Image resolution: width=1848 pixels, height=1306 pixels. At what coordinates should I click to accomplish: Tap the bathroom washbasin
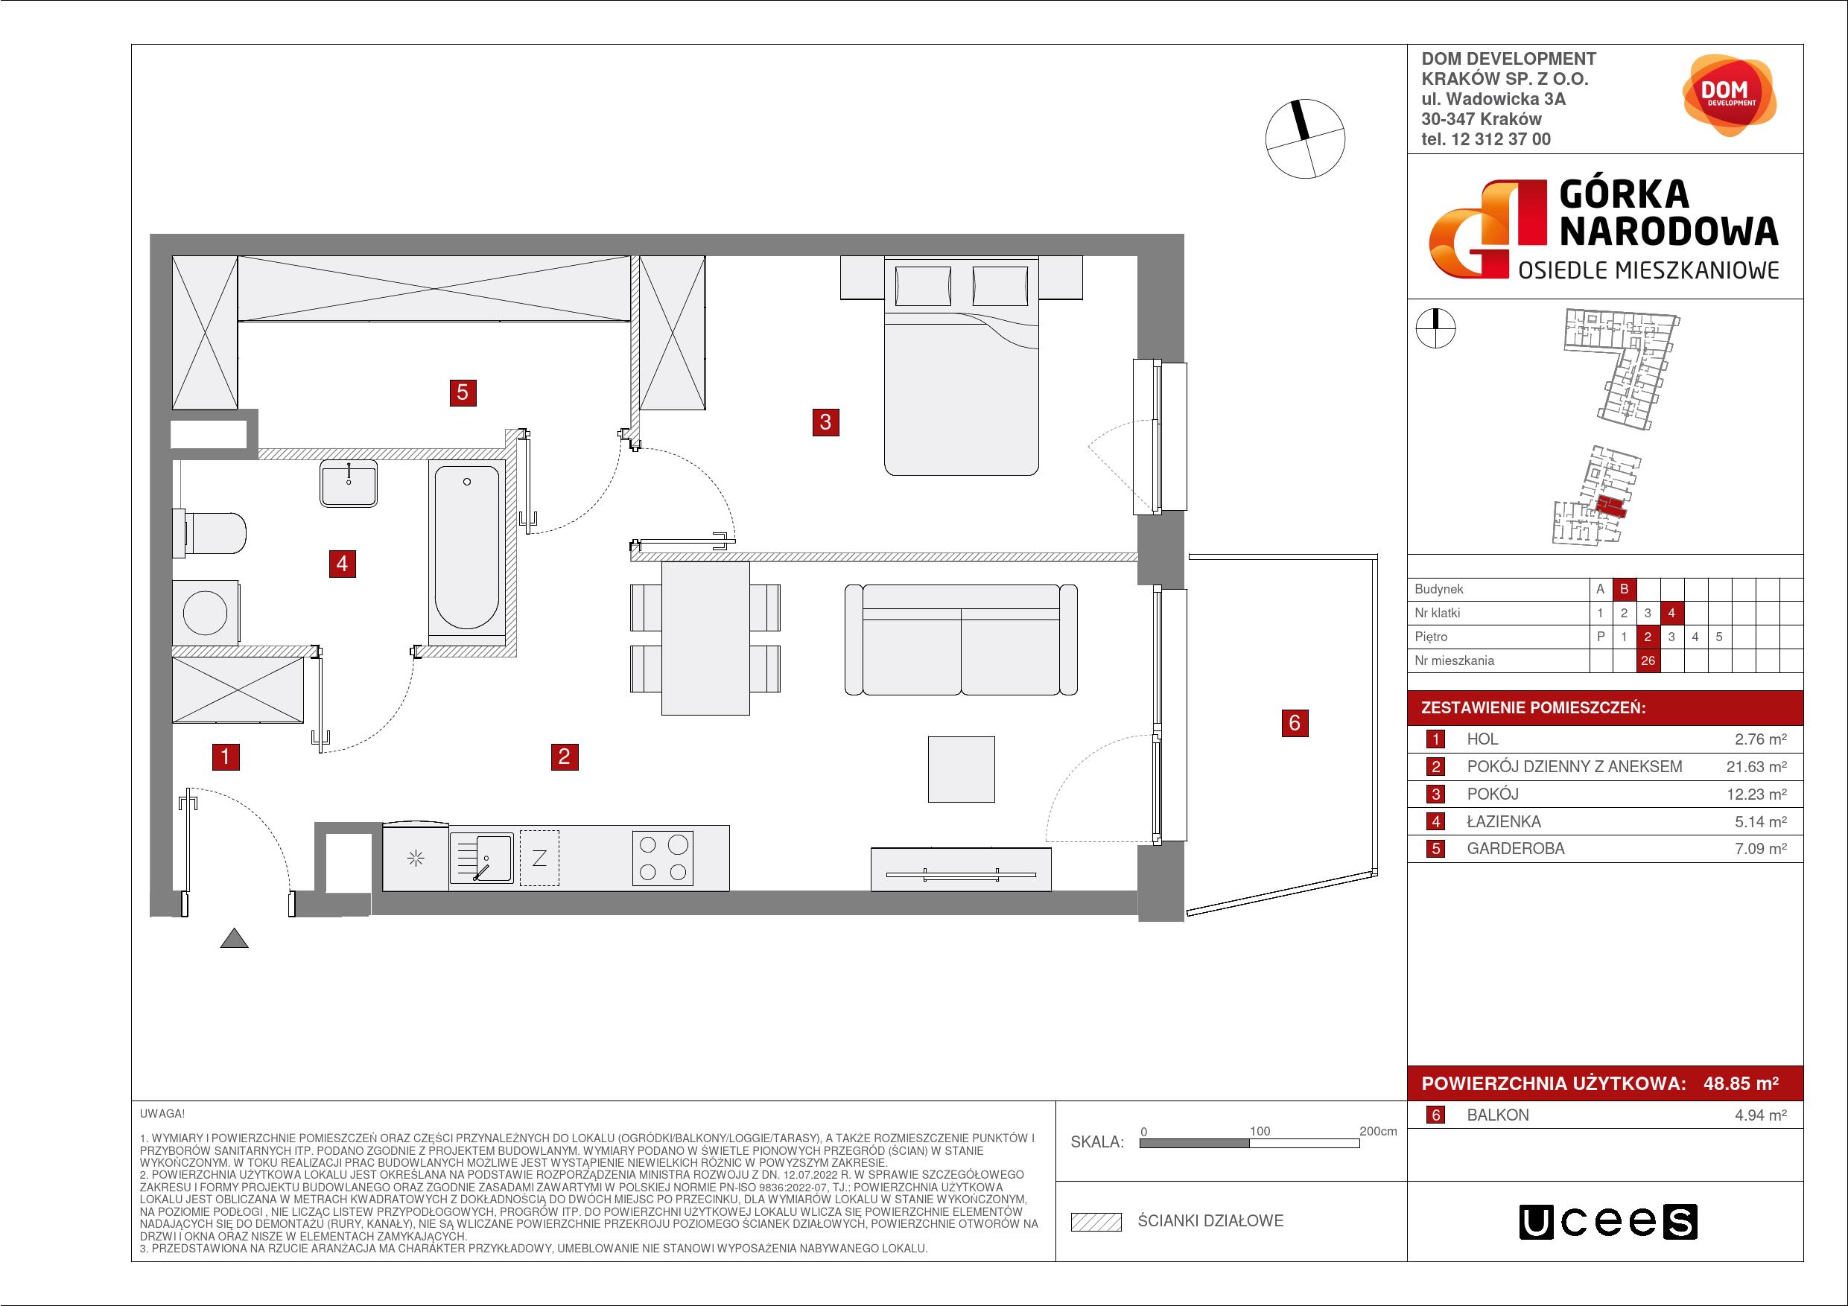coord(349,482)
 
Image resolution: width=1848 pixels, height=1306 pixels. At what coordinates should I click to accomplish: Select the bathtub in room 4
coord(467,547)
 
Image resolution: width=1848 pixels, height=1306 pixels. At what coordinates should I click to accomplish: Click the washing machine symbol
coord(206,612)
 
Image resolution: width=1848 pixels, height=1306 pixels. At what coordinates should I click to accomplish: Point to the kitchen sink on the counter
coord(480,858)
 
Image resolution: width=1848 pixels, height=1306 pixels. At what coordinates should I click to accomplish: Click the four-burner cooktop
coord(663,858)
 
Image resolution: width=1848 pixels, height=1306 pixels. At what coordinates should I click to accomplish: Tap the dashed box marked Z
coord(539,858)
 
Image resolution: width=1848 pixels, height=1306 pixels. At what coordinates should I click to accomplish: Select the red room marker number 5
coord(462,392)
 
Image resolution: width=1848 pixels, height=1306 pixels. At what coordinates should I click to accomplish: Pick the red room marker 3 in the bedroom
coord(825,421)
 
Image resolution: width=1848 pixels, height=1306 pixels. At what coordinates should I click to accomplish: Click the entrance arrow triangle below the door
coord(234,937)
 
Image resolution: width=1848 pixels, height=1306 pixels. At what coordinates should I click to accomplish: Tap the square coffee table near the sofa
coord(961,769)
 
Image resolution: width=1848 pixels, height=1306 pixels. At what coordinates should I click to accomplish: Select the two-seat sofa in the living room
coord(961,640)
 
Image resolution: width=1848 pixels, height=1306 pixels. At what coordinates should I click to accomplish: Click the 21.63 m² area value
coord(1756,767)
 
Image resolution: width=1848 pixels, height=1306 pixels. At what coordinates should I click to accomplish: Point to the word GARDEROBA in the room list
coord(1516,848)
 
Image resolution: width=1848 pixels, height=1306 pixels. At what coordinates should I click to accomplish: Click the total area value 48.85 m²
coord(1741,1083)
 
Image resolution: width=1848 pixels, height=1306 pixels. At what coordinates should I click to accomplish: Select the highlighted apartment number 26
coord(1648,660)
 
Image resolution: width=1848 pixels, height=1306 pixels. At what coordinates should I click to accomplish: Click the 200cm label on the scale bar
coord(1378,1130)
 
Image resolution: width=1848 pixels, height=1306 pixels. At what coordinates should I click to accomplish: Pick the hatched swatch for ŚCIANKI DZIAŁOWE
coord(1096,1222)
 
